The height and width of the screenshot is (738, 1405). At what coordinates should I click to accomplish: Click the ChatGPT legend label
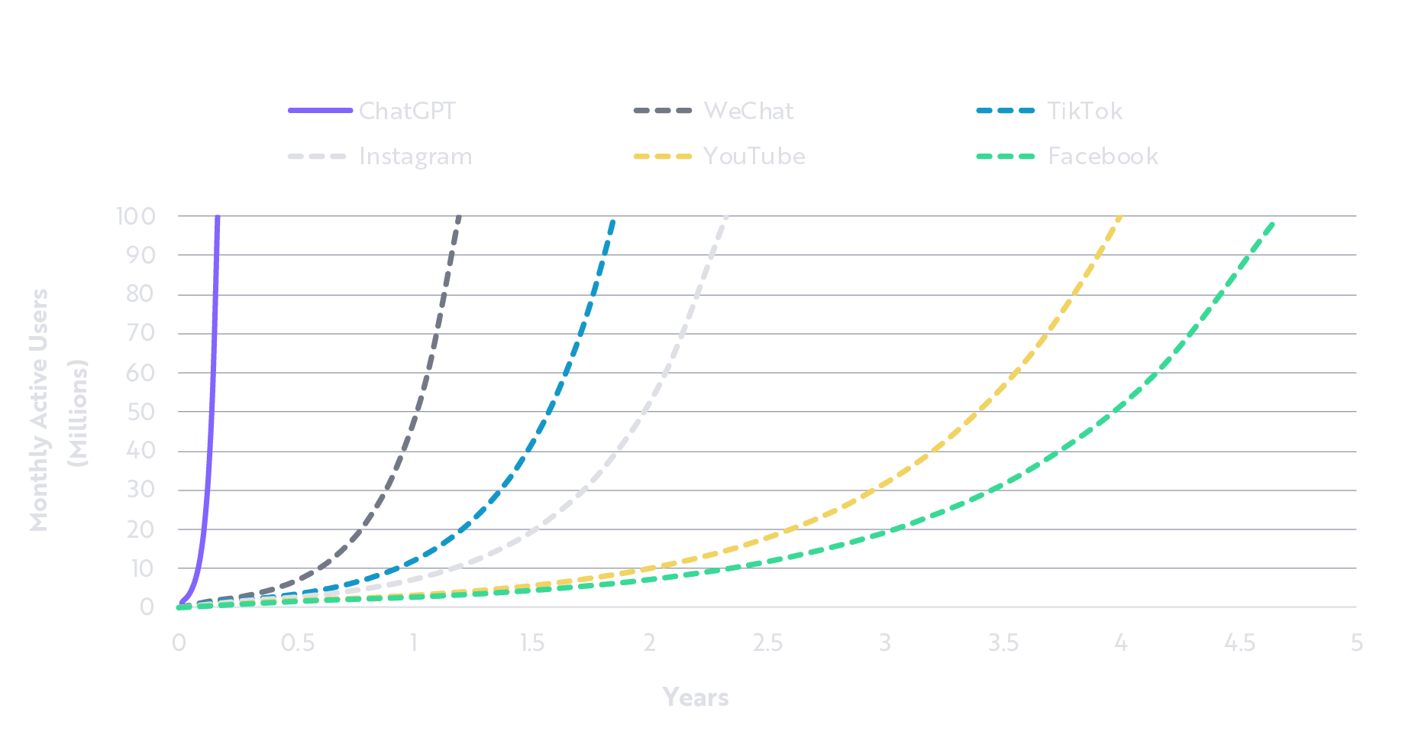click(407, 112)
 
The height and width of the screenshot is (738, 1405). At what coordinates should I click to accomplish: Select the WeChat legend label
click(748, 112)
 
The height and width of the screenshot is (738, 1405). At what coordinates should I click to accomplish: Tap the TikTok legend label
click(1084, 112)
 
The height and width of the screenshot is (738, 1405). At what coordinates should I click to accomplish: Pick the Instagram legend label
click(415, 157)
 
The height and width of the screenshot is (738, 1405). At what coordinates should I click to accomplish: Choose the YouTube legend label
click(754, 157)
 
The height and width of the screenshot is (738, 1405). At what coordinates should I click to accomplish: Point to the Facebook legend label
click(1103, 157)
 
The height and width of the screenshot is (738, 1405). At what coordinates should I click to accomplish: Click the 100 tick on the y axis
click(136, 216)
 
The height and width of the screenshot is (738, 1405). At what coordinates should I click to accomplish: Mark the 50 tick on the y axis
click(140, 412)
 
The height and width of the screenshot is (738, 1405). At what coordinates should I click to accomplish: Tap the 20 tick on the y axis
click(140, 529)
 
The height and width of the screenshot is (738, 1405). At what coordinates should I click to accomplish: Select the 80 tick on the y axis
click(140, 294)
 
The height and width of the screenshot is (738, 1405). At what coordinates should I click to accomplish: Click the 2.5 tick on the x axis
click(767, 643)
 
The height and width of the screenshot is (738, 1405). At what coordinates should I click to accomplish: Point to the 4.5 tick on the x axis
click(1239, 643)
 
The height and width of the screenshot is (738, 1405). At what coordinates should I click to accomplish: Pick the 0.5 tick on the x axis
click(297, 643)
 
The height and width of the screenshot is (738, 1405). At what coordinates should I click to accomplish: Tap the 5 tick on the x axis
click(1356, 643)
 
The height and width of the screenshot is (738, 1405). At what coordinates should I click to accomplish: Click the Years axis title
click(696, 698)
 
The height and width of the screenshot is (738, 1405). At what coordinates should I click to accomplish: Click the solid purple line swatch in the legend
click(320, 111)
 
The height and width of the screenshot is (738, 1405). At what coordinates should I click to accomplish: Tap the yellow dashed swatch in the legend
click(663, 157)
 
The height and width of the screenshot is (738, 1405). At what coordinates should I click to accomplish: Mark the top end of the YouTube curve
click(1120, 217)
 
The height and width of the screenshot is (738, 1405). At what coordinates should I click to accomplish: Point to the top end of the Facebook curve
click(1274, 222)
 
